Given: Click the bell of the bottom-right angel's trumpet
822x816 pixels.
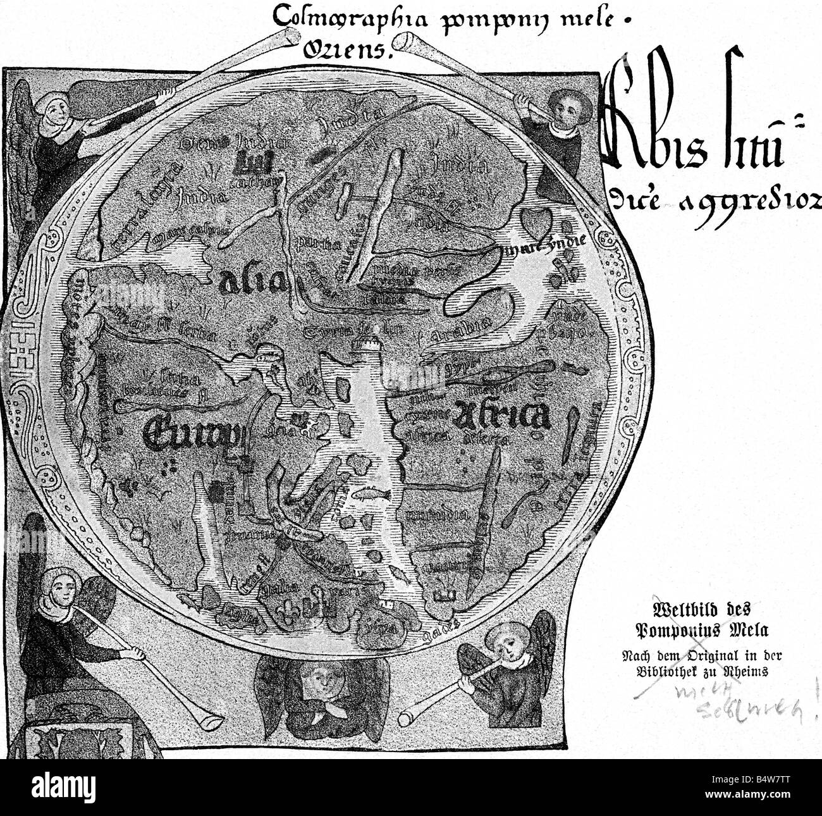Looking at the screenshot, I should click(411, 715).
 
